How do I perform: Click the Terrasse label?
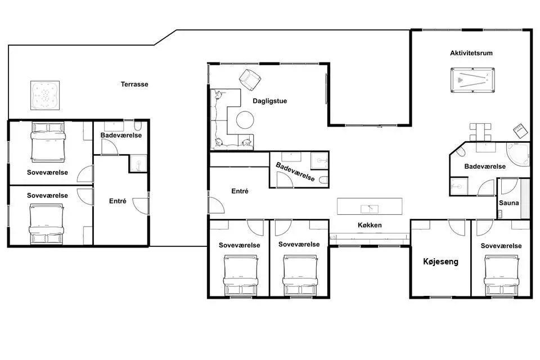[x=134, y=84]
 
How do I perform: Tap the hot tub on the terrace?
[x=45, y=96]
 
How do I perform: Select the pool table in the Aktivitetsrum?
[x=472, y=80]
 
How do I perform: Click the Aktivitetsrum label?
[x=471, y=53]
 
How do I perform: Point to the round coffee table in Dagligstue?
[x=245, y=120]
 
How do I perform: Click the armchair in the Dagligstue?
[x=250, y=79]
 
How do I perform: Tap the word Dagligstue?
[x=269, y=101]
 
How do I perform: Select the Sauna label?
[x=508, y=203]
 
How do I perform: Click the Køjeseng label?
[x=440, y=262]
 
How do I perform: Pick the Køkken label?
[x=370, y=225]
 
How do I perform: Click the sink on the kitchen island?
[x=370, y=209]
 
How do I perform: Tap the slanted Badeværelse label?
[x=295, y=172]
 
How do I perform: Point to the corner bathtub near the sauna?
[x=518, y=154]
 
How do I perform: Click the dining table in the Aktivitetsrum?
[x=480, y=132]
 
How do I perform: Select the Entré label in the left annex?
[x=118, y=201]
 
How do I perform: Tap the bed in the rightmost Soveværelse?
[x=501, y=275]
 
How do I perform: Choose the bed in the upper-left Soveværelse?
[x=48, y=142]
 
